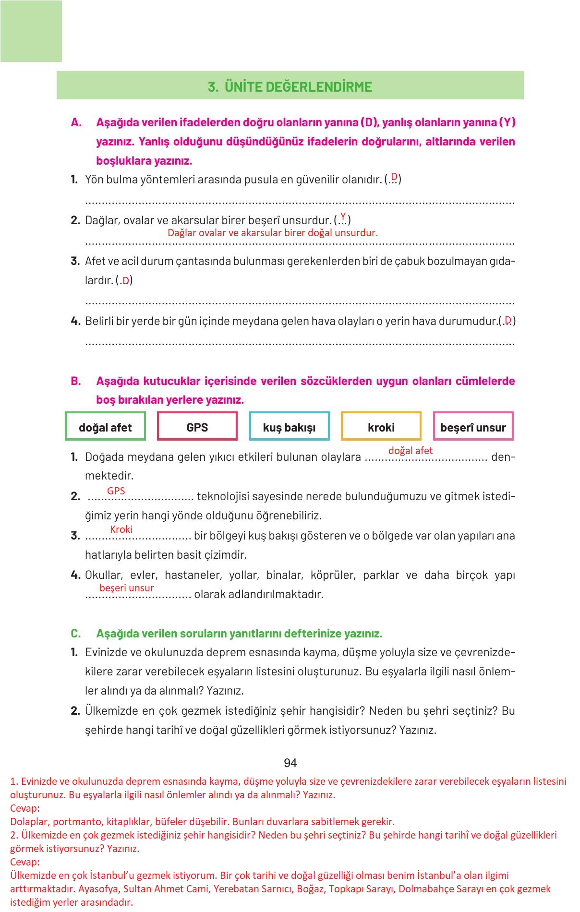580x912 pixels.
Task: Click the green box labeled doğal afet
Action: coord(105,426)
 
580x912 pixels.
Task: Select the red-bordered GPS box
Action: coord(197,426)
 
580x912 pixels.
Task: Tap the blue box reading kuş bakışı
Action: coord(289,426)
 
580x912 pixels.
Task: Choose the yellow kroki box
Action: coord(381,426)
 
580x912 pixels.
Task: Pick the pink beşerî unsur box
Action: coord(473,426)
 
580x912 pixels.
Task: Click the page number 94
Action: coord(290,763)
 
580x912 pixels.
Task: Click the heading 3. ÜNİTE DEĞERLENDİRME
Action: coord(290,87)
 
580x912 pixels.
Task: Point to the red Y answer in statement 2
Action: coord(343,216)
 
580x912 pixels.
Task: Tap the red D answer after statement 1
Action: coord(394,176)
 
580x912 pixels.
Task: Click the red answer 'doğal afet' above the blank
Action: coord(410,450)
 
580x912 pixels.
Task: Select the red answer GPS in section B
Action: coord(116,491)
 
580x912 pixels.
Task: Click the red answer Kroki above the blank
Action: coord(121,529)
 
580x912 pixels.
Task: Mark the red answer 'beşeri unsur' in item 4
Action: coord(127,588)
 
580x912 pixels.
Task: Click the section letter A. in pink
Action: coord(76,122)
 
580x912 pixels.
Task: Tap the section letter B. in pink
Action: coord(76,381)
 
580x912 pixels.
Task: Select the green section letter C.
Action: coord(76,634)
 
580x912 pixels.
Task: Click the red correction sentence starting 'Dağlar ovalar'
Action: coord(272,233)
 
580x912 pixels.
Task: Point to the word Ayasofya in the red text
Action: coord(97,888)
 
